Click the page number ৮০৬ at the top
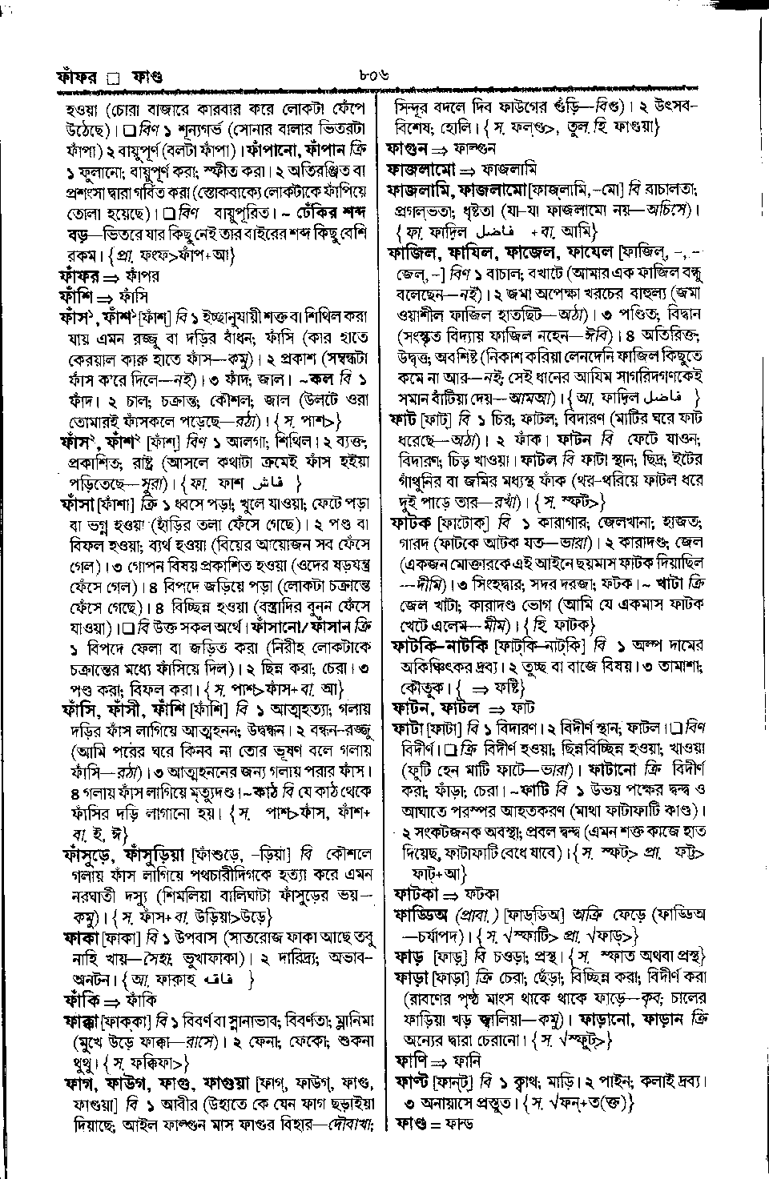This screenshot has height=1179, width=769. [x=373, y=77]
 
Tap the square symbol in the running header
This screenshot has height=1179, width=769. [x=113, y=78]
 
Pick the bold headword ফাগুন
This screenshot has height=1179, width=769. [x=407, y=148]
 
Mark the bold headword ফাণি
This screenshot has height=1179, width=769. [x=409, y=1061]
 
